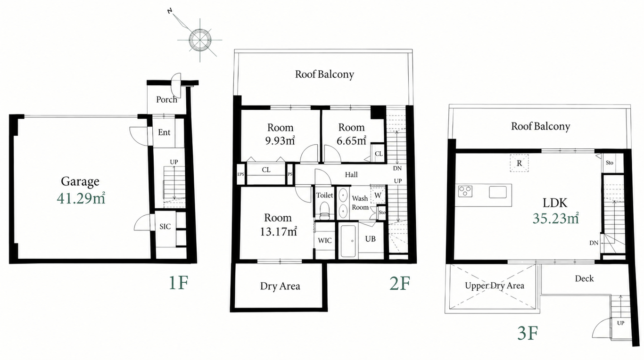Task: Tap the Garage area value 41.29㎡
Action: [x=81, y=198]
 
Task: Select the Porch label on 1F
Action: [x=166, y=99]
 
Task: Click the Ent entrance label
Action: [x=164, y=132]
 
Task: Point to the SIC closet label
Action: [x=165, y=226]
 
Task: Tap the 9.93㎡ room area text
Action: [x=280, y=140]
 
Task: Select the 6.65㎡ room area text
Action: [x=351, y=140]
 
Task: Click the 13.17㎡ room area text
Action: [x=278, y=231]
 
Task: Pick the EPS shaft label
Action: [x=240, y=174]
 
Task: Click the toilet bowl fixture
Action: [x=325, y=211]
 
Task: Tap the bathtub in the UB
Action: [x=348, y=241]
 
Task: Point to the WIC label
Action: [x=324, y=240]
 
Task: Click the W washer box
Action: [x=378, y=195]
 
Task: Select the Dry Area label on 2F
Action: [x=280, y=286]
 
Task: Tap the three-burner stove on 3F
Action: [x=465, y=191]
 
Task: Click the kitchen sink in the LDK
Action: [x=498, y=192]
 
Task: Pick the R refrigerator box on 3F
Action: [x=519, y=163]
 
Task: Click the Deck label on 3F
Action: [x=584, y=278]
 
